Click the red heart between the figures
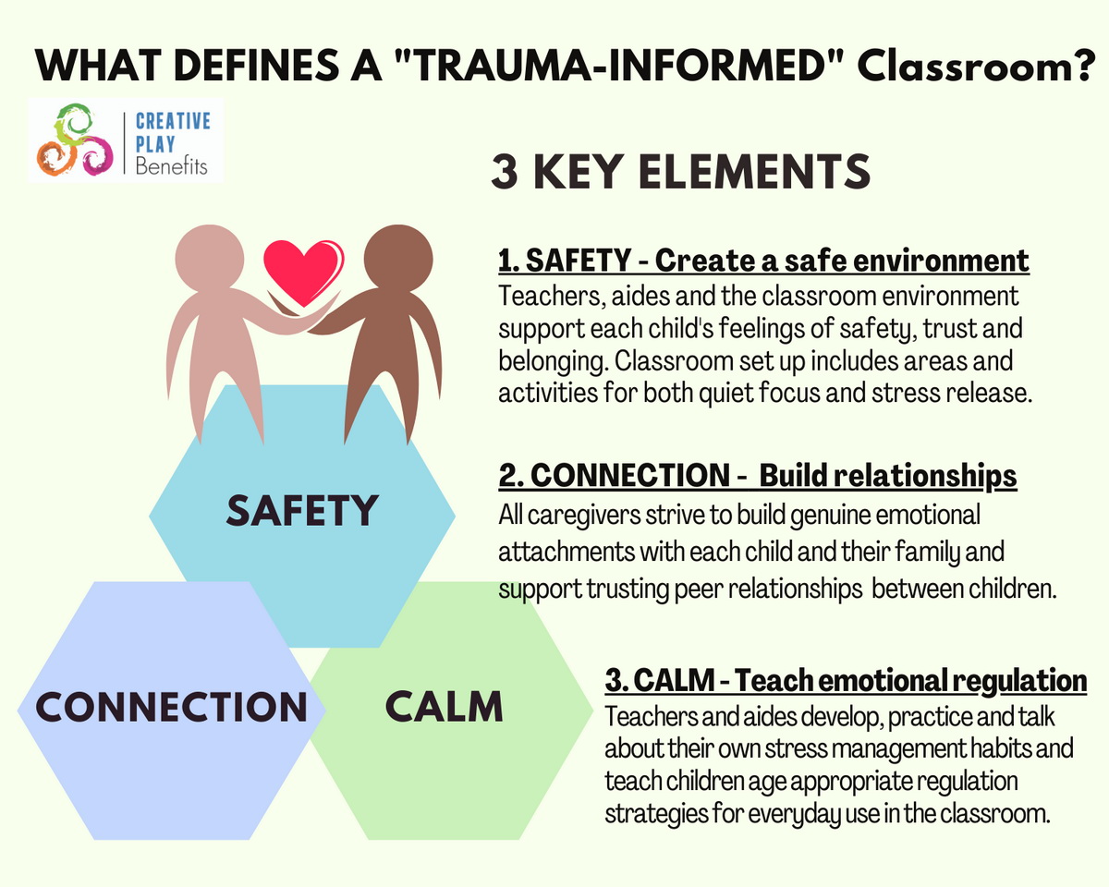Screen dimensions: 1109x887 (303, 273)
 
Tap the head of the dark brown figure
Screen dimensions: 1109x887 (398, 259)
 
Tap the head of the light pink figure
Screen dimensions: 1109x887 (209, 259)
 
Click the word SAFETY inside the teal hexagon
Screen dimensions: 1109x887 (302, 510)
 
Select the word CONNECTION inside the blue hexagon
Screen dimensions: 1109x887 (171, 706)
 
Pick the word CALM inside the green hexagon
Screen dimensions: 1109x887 (444, 706)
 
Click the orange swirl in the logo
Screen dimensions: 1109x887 (56, 158)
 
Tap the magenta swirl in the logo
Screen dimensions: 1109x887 (96, 155)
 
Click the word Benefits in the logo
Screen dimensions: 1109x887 (171, 166)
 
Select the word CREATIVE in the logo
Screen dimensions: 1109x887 (173, 121)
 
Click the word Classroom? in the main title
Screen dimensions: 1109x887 (977, 66)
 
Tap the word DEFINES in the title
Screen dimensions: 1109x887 (257, 66)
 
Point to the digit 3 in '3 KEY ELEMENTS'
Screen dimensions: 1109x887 (505, 171)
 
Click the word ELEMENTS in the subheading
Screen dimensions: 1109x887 (754, 171)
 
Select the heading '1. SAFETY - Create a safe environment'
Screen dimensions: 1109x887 (763, 261)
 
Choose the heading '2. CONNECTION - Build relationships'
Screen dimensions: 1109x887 (758, 475)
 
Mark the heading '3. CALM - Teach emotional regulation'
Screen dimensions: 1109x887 (846, 680)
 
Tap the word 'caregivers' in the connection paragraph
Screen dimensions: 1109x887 (583, 516)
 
